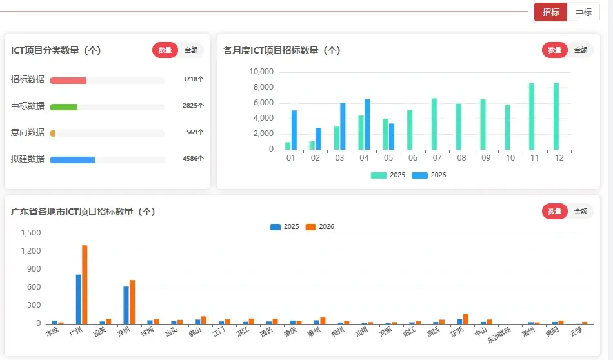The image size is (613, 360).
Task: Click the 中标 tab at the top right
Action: (583, 12)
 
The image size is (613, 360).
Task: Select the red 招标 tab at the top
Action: (551, 12)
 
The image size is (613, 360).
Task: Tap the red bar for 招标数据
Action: (68, 81)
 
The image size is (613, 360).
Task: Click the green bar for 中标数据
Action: (63, 107)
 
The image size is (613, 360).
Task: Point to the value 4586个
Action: (193, 158)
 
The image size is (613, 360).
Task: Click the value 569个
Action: (195, 132)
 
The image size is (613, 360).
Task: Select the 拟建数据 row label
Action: (28, 159)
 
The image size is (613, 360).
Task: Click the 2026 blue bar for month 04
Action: (367, 125)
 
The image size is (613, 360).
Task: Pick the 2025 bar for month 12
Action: (556, 117)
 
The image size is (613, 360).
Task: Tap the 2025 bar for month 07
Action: (434, 125)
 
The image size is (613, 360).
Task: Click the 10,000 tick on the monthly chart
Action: (261, 72)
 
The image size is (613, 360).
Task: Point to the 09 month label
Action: (486, 158)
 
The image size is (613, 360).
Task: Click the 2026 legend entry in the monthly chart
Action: (429, 175)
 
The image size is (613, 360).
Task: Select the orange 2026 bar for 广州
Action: (85, 285)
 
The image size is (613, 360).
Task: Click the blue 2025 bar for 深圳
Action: (126, 305)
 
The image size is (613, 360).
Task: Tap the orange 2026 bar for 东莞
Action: (466, 319)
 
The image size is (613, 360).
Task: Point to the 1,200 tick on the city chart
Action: (31, 251)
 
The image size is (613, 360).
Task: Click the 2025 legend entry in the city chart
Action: (285, 226)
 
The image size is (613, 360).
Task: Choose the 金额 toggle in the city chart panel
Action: (581, 212)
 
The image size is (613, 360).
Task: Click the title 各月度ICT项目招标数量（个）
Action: (282, 50)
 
